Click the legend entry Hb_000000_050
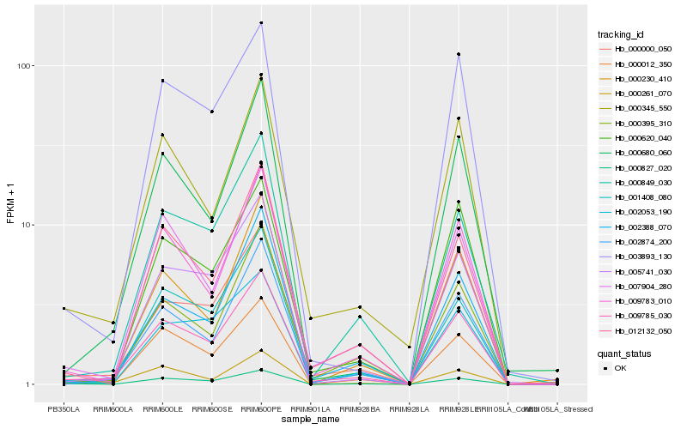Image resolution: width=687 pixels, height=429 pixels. pyautogui.click(x=636, y=50)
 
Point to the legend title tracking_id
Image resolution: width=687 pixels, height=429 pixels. pyautogui.click(x=621, y=34)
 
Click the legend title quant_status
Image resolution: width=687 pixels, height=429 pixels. pyautogui.click(x=623, y=353)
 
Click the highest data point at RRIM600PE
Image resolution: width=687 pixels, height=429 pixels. pyautogui.click(x=261, y=23)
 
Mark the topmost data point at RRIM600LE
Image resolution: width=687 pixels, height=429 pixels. pyautogui.click(x=163, y=81)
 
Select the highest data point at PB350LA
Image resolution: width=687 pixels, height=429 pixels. pyautogui.click(x=64, y=308)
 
